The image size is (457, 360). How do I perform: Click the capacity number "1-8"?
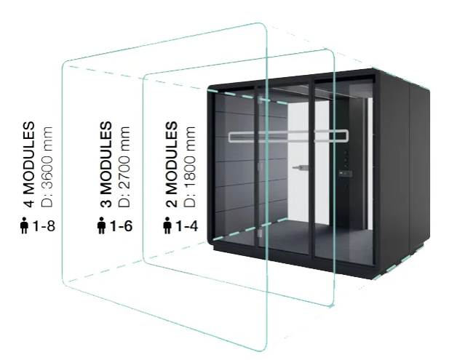45,225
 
